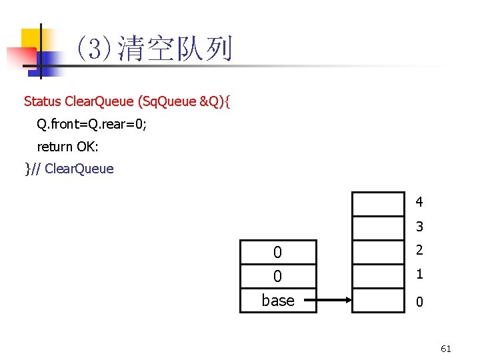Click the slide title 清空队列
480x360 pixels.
[x=174, y=50]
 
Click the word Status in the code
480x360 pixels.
[x=43, y=101]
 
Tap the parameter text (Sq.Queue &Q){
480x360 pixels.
[x=184, y=101]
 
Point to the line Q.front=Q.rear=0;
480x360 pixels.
[x=92, y=124]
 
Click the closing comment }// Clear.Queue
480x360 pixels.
[x=69, y=169]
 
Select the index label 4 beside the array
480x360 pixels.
[x=419, y=201]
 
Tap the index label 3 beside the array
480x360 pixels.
[x=419, y=227]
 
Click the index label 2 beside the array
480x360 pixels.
[x=419, y=251]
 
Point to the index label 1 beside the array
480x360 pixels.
[x=419, y=274]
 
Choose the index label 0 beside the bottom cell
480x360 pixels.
[x=419, y=302]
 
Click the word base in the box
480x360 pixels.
[x=278, y=301]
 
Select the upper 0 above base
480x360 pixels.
[x=277, y=252]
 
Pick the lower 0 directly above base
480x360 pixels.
[x=277, y=276]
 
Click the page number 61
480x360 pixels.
[x=446, y=348]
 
